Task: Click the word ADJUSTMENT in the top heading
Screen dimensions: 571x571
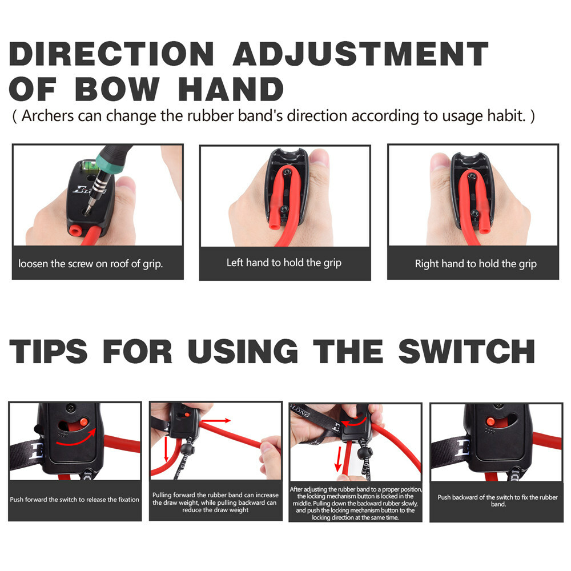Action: (x=360, y=54)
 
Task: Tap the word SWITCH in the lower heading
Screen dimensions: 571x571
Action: (x=467, y=351)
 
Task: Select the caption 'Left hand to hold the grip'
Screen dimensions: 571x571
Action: (x=284, y=263)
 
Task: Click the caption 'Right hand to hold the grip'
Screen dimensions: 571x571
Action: (x=476, y=264)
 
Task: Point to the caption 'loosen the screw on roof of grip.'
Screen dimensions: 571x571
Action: (x=90, y=264)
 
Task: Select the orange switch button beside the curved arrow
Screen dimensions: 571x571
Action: (x=83, y=421)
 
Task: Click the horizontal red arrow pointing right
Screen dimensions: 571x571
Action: (x=215, y=420)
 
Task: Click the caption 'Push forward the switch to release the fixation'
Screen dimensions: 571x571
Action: (x=74, y=500)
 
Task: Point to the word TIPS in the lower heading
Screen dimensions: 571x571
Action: (x=49, y=351)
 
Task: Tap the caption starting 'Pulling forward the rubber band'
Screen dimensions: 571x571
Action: (x=215, y=502)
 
